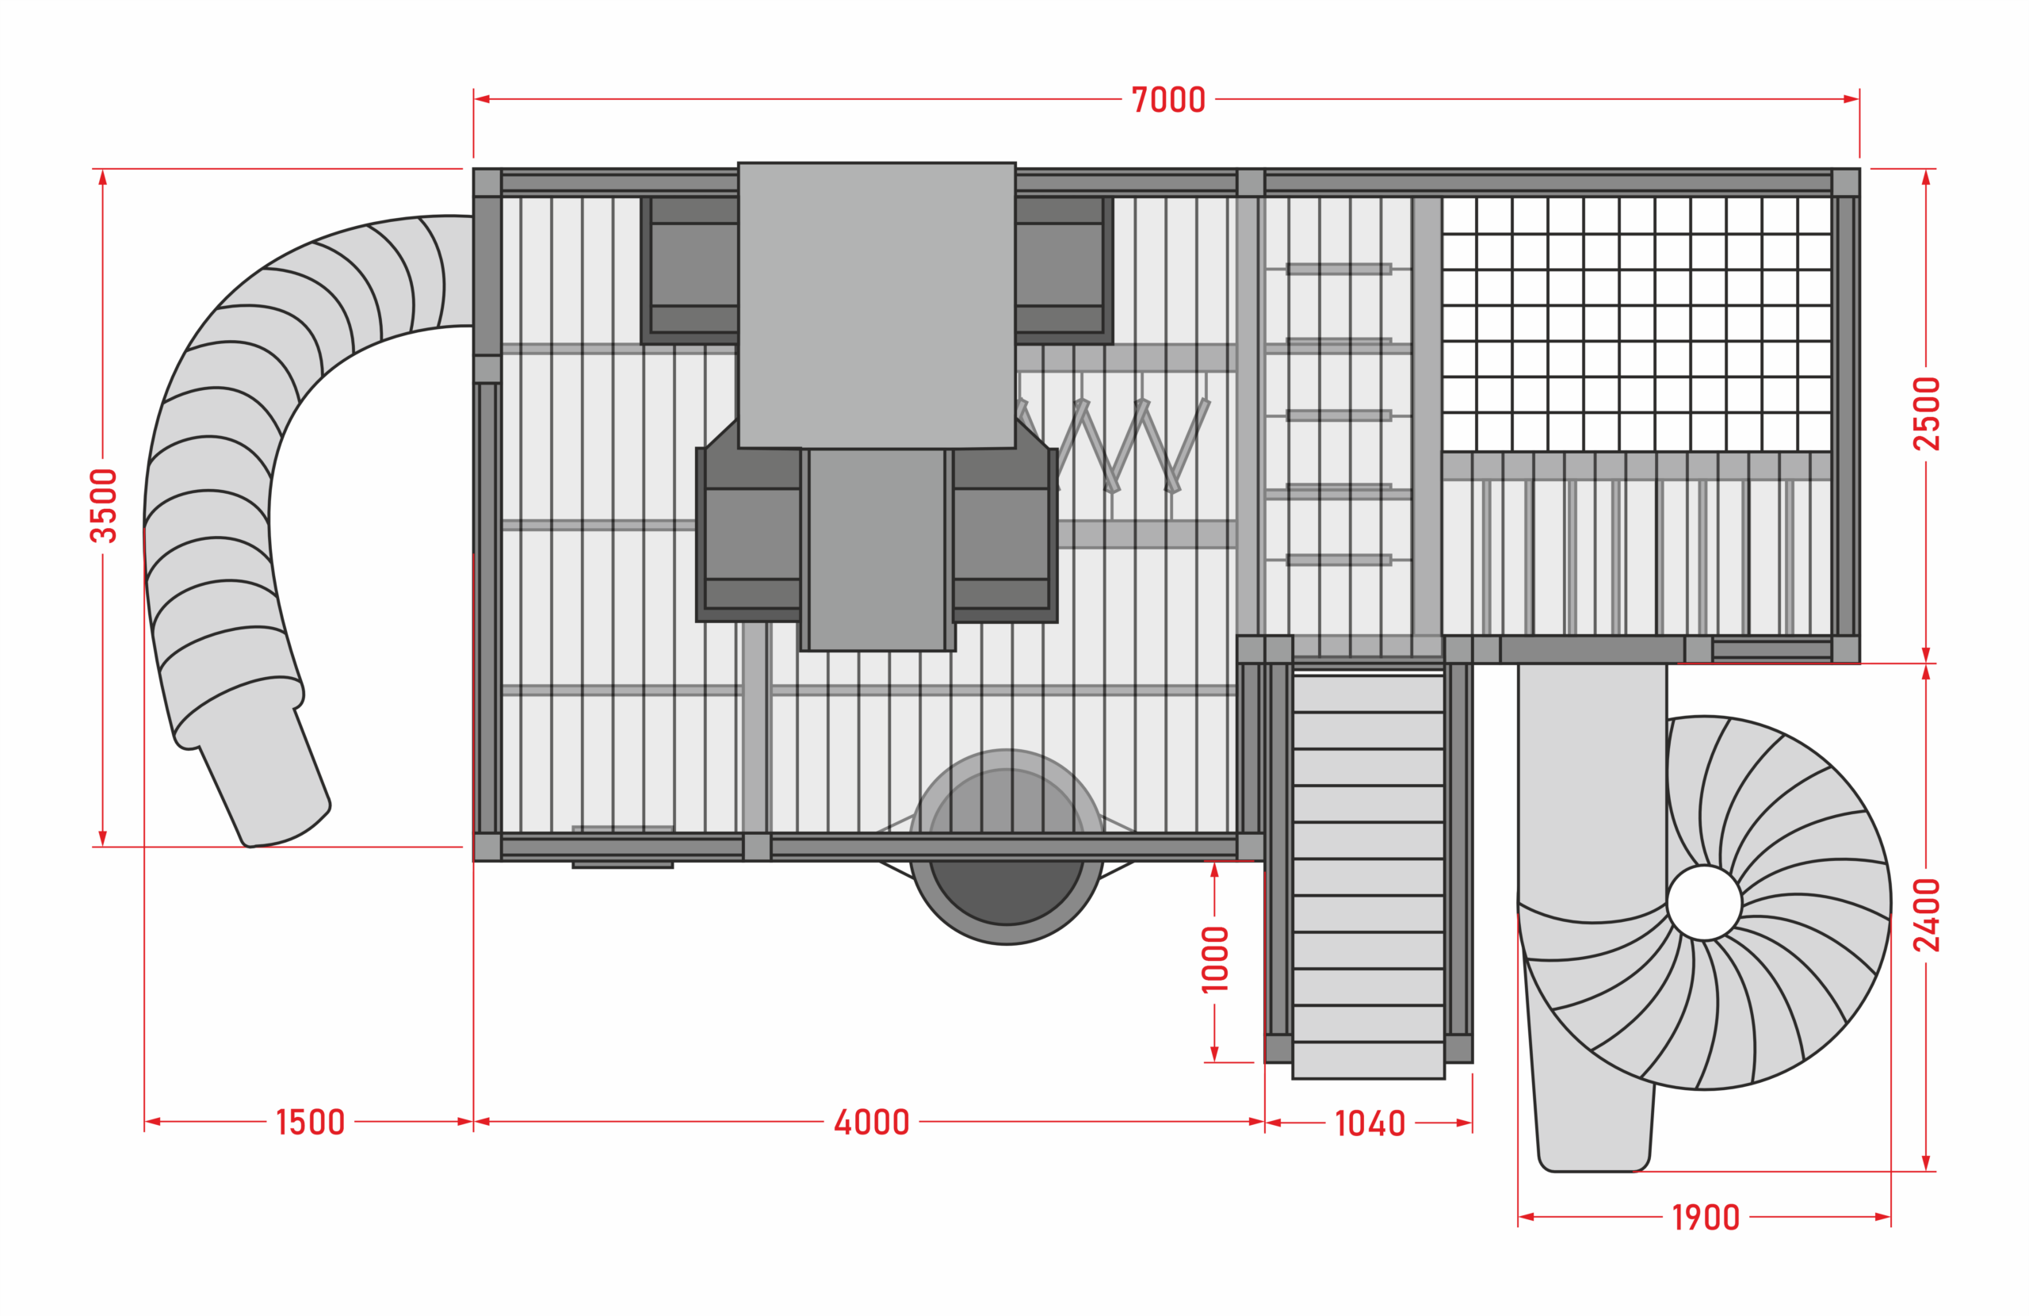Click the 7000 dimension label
1168,100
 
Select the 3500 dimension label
103,506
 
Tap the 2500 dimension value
1926,414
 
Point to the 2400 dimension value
1926,915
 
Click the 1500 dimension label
311,1123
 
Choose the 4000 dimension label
871,1123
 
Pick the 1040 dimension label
1370,1123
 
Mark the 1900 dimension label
1705,1217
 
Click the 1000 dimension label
1215,958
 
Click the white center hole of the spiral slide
1704,902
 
